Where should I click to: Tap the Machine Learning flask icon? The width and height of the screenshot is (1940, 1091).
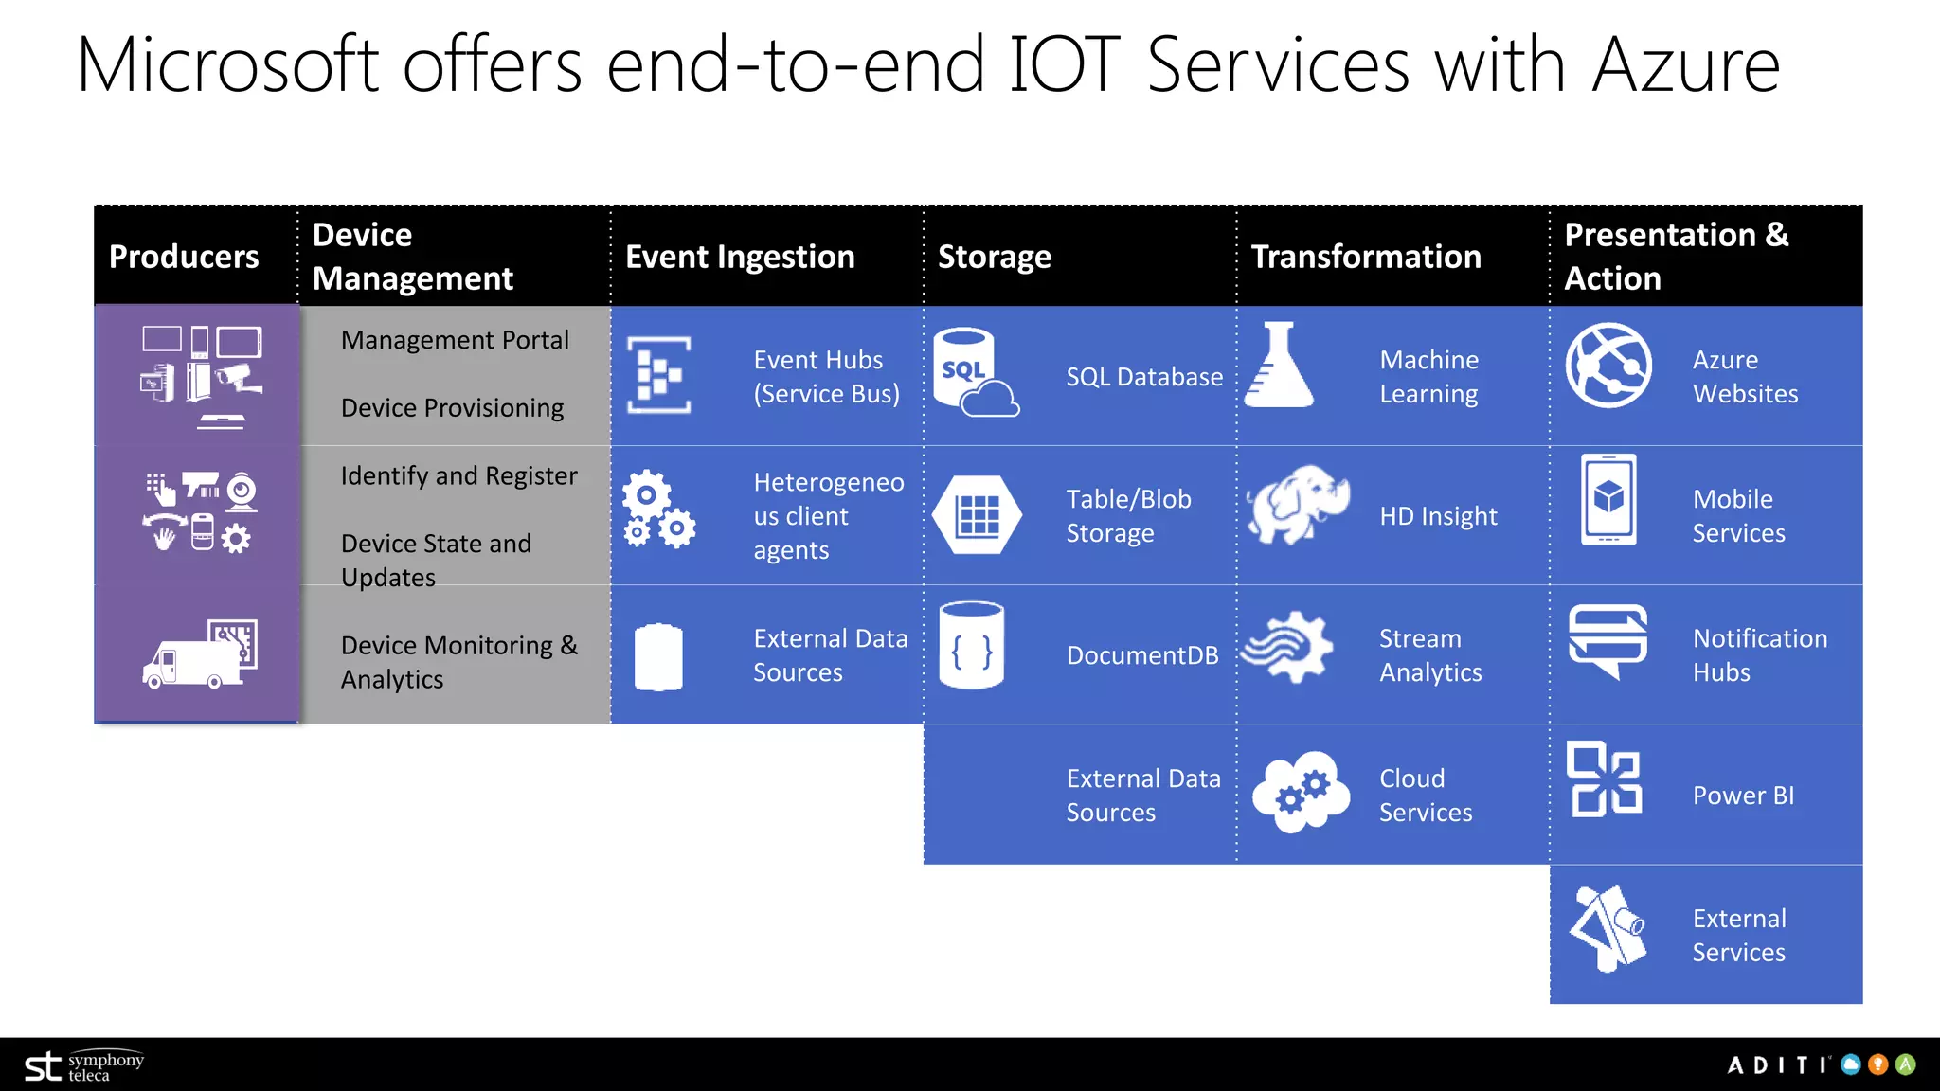pos(1279,366)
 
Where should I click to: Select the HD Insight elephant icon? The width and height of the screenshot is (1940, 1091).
pos(1298,504)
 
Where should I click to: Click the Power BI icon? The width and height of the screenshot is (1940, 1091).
pos(1606,778)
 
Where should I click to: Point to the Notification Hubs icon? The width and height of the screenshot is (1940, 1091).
pos(1608,641)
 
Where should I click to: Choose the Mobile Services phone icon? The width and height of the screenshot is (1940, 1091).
pos(1608,499)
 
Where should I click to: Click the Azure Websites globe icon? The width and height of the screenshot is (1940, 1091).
pos(1608,366)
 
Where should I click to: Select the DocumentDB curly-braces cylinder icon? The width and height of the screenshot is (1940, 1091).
pos(971,646)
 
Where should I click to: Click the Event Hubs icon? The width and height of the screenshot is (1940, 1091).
pos(659,375)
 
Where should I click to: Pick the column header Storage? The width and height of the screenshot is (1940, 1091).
pos(994,257)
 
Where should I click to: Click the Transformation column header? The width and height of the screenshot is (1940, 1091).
pos(1366,257)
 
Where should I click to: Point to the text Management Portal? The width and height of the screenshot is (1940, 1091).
pos(455,340)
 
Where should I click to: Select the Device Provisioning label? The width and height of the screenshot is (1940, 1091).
pos(452,408)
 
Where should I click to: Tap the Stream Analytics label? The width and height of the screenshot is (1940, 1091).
pos(1430,655)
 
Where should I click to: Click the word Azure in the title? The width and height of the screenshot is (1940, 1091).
pos(1686,65)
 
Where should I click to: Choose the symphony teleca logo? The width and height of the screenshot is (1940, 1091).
pos(84,1066)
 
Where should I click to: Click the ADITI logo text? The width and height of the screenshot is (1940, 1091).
pos(1778,1065)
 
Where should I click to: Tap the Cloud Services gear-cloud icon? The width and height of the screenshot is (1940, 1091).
pos(1301,792)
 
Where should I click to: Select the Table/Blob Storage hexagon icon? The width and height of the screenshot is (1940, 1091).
pos(977,515)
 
